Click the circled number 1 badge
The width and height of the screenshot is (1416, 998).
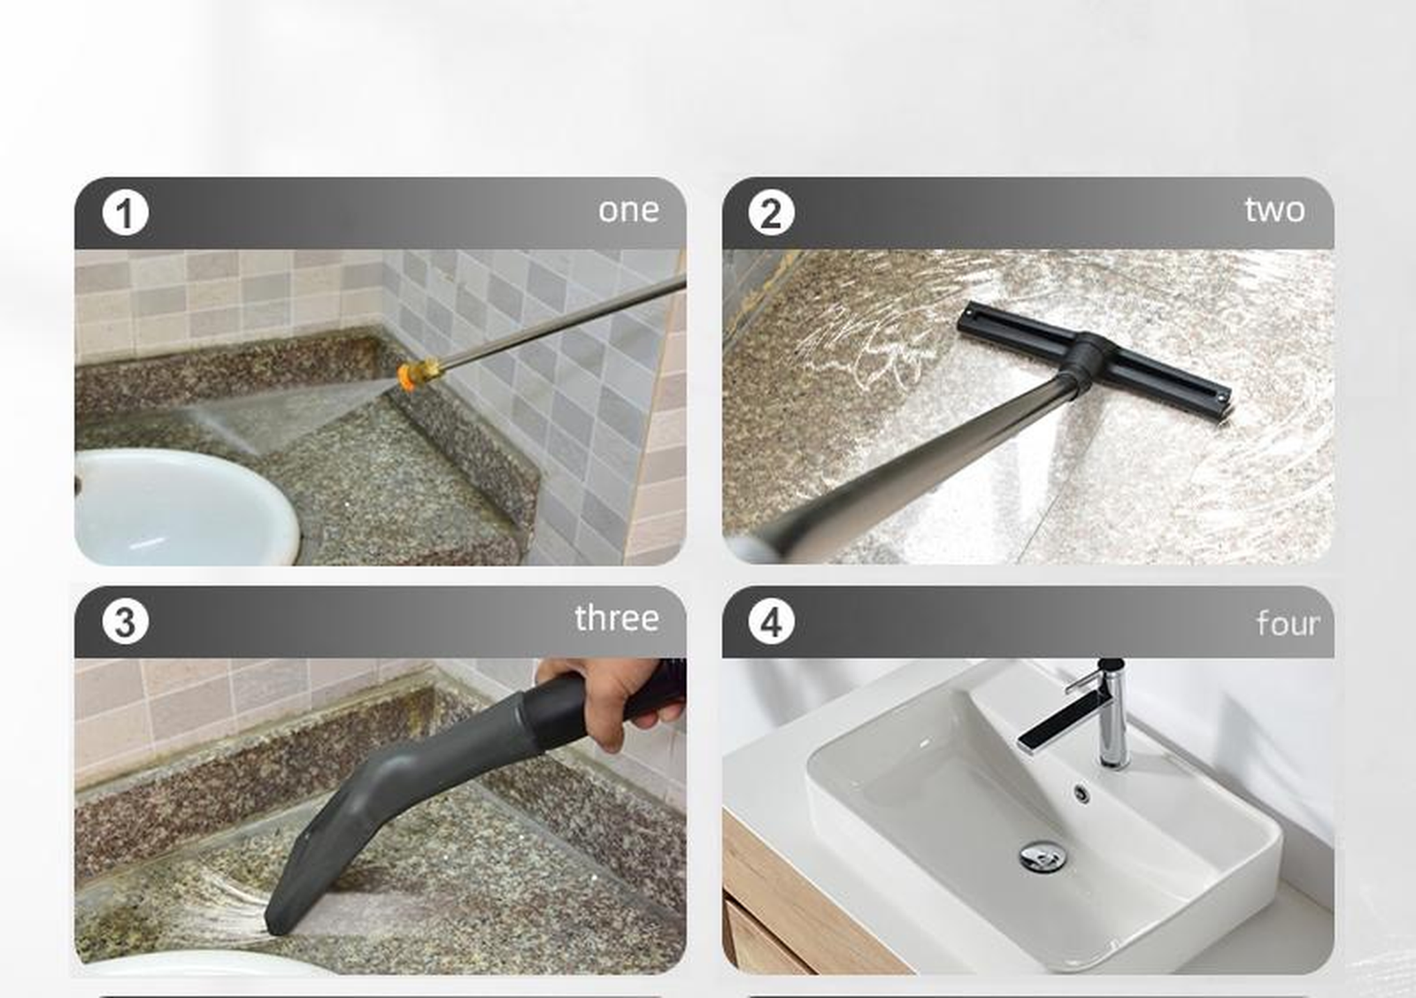(125, 213)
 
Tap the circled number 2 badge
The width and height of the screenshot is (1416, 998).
(771, 213)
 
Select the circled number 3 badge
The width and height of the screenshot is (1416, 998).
(125, 621)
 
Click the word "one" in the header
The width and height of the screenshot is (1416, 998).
(628, 211)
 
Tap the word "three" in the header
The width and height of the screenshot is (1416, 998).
(616, 618)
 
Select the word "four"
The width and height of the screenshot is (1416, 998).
(1288, 624)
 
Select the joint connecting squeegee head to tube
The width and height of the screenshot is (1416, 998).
(1089, 358)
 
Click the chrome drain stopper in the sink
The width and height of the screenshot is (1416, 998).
(1043, 856)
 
